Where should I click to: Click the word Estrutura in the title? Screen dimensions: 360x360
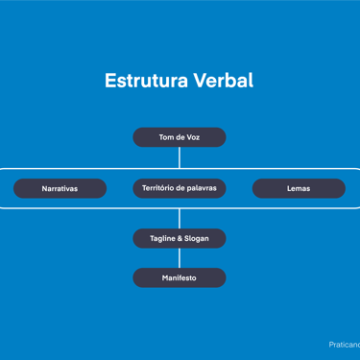[146, 81]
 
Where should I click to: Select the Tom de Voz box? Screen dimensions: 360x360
[180, 137]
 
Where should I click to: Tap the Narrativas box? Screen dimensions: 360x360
[60, 188]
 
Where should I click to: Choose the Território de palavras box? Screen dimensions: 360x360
[180, 188]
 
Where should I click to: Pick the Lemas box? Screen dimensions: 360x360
[299, 188]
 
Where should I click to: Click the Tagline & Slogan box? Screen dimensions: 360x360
[180, 238]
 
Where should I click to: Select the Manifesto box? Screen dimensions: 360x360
[180, 277]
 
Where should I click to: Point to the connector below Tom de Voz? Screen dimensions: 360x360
[180, 157]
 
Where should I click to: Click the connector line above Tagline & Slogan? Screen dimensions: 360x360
[180, 219]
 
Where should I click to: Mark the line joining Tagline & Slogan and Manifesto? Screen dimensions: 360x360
[180, 258]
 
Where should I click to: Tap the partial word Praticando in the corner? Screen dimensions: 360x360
[345, 345]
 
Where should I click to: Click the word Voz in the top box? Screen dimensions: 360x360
[193, 137]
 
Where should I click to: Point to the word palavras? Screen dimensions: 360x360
[202, 188]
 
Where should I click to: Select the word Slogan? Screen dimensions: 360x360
[197, 239]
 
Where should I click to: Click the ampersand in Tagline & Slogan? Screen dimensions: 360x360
[180, 238]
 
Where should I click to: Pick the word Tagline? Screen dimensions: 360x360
[162, 239]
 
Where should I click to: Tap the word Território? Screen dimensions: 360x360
[156, 188]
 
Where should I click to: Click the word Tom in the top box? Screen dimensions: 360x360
[166, 137]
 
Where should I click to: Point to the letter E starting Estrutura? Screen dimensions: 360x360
[109, 81]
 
